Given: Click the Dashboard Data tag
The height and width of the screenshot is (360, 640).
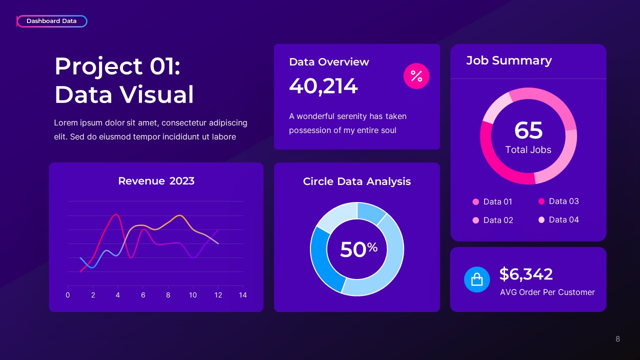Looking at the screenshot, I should (x=51, y=21).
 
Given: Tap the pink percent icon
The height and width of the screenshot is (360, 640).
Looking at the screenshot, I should (x=416, y=76).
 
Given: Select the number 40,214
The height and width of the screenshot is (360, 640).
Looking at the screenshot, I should (x=323, y=86).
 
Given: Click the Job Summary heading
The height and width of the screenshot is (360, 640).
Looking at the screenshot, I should (x=508, y=60).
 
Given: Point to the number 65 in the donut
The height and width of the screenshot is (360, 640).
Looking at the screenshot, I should (x=528, y=130).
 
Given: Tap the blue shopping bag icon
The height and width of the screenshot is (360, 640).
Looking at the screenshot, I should (x=477, y=279).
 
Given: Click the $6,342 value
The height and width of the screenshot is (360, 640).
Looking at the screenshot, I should (x=526, y=274).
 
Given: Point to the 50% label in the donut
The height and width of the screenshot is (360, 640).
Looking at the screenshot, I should (x=358, y=249).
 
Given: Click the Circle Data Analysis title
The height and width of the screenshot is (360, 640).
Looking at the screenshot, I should (x=357, y=181).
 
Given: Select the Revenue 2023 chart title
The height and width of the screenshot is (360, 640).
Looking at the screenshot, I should (x=156, y=181).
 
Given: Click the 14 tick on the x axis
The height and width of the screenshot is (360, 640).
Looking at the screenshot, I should (x=243, y=295).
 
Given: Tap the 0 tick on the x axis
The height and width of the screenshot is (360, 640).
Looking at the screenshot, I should (x=67, y=295).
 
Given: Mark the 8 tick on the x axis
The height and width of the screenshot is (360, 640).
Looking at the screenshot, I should (x=168, y=295).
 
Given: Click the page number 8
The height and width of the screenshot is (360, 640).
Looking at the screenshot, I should (x=617, y=339).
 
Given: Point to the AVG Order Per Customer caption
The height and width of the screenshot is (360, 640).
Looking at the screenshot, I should (x=547, y=292).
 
